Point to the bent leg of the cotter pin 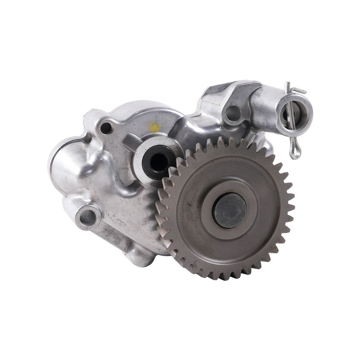[x=299, y=90]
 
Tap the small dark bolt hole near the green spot [x=105, y=128]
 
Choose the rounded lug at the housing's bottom [x=141, y=256]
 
